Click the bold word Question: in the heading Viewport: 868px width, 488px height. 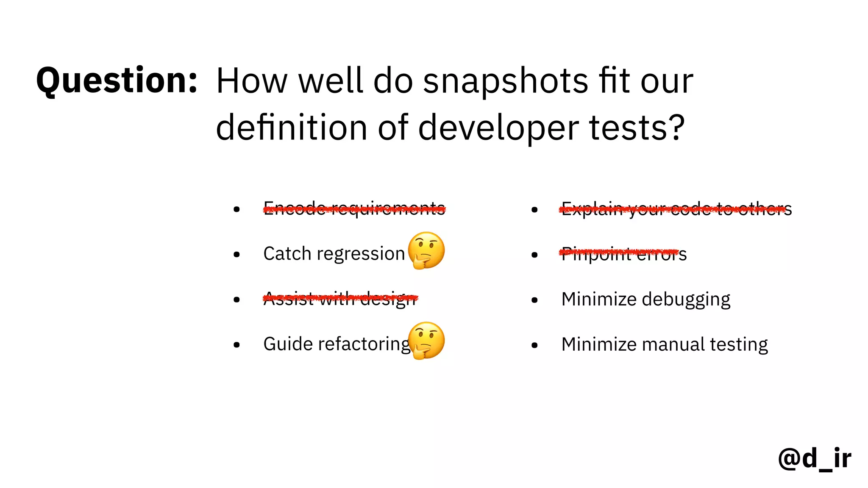tap(117, 80)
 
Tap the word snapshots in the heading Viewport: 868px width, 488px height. tap(506, 81)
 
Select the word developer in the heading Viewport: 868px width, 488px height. tap(498, 128)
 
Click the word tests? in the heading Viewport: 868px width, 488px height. tap(637, 128)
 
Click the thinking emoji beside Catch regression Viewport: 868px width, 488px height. tap(426, 250)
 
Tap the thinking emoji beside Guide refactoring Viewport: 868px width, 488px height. tap(426, 341)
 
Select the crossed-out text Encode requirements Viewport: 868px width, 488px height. tap(354, 208)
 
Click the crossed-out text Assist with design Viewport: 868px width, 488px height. tap(340, 299)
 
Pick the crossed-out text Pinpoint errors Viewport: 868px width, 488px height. tap(623, 254)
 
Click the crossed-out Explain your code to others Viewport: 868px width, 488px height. tap(676, 208)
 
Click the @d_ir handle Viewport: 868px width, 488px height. tap(814, 458)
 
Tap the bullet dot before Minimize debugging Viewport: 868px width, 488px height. tap(534, 300)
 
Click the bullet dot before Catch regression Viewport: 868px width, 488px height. tap(236, 255)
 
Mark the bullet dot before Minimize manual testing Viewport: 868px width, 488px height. tap(534, 345)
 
